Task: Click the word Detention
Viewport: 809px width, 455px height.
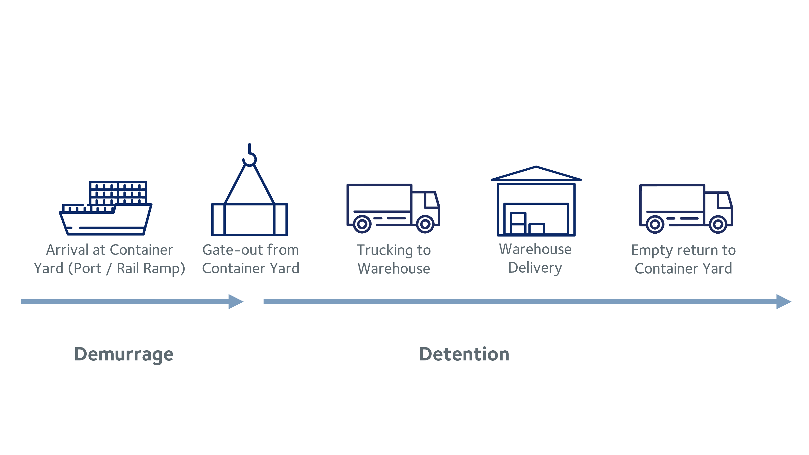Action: (x=464, y=354)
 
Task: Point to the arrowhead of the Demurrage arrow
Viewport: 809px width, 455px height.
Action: (x=236, y=301)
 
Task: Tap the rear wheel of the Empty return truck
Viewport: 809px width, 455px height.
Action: (x=655, y=224)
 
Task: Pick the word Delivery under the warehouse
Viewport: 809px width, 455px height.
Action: (x=535, y=268)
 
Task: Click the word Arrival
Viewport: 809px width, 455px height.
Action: (x=67, y=250)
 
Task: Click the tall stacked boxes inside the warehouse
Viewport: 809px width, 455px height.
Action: (x=518, y=223)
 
